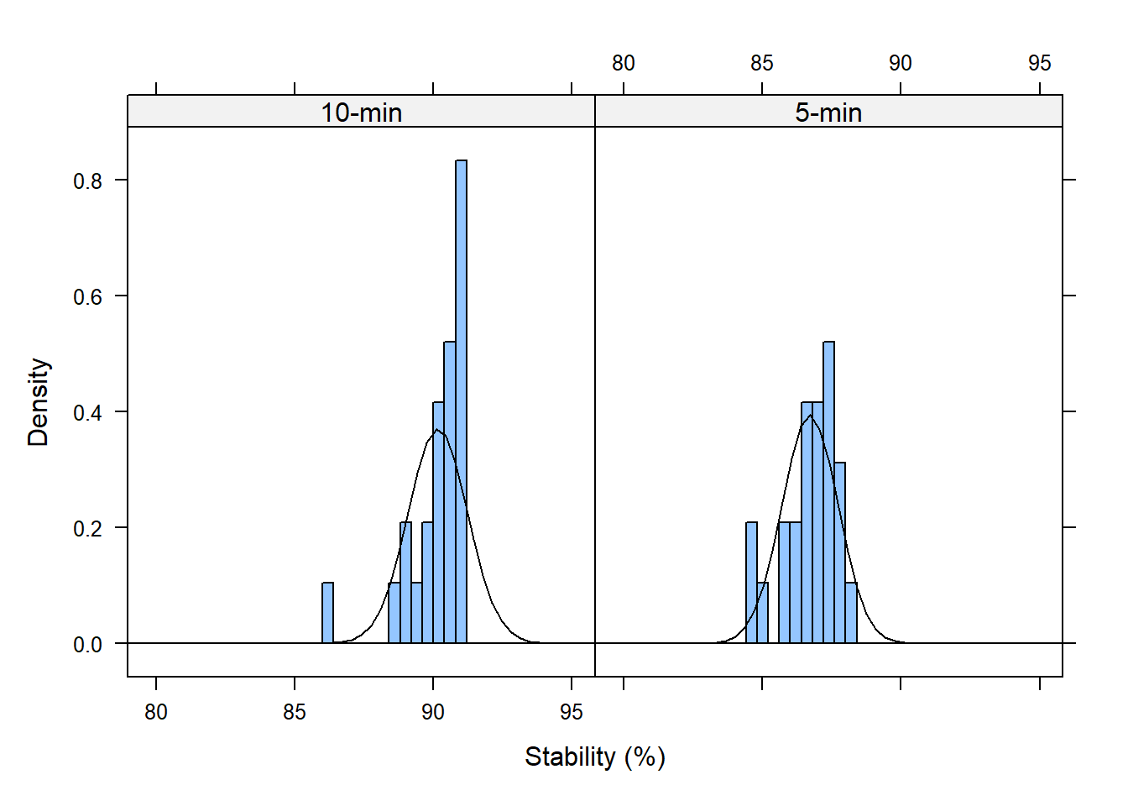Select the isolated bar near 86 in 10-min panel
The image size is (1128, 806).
pos(327,613)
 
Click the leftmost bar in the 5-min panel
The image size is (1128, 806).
pos(751,583)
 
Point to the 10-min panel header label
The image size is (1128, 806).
pos(362,113)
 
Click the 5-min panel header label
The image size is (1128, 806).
pos(828,113)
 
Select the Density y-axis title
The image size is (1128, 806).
pos(39,402)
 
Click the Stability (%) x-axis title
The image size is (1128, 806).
pos(594,756)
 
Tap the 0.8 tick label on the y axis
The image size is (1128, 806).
pos(87,181)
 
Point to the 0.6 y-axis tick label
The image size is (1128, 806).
pos(87,296)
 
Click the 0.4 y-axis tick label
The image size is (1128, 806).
pos(87,412)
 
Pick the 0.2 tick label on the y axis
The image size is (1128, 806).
pos(87,528)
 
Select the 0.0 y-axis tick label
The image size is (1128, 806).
pos(87,644)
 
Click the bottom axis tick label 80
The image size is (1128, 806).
pos(156,712)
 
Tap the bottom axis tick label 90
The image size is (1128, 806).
pos(433,712)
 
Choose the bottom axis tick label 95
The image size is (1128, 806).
pos(572,712)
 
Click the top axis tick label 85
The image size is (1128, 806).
pos(762,63)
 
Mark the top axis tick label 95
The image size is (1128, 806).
pos(1039,63)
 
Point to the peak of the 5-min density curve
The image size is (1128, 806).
pos(810,416)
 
